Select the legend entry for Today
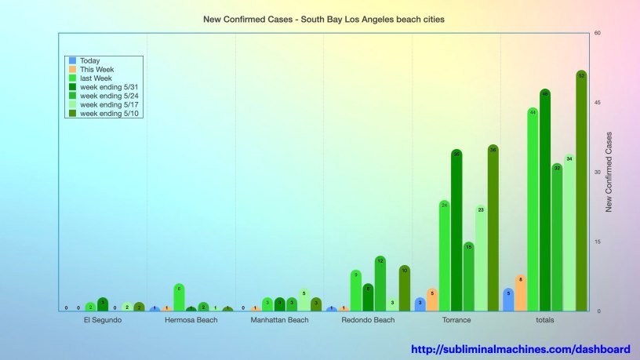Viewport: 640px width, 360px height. [89, 60]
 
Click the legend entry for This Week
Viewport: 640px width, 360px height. [95, 69]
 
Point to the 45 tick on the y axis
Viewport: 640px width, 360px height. [598, 103]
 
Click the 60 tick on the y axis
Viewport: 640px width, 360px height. [598, 33]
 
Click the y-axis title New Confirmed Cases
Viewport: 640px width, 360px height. [609, 173]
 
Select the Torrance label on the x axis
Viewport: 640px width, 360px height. [456, 320]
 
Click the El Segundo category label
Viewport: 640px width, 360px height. [102, 320]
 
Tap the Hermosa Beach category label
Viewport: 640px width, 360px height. [191, 320]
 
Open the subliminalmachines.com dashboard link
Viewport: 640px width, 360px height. [521, 349]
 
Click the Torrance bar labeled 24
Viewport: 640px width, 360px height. [445, 256]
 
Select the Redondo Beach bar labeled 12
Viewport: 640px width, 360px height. [380, 283]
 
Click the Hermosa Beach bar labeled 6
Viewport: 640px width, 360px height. [179, 297]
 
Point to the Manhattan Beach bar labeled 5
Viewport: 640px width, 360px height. [304, 300]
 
